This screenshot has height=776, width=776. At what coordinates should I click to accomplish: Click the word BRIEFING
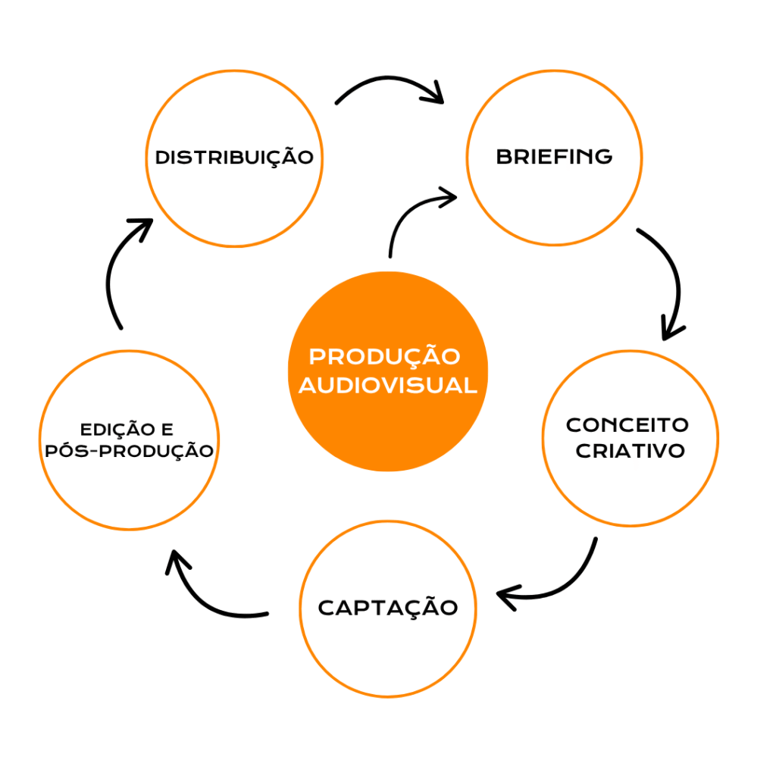554,157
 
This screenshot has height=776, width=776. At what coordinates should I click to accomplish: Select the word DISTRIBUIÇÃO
234,158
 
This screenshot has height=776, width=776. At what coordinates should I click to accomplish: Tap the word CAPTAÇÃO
388,607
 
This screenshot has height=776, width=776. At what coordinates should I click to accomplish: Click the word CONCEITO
627,424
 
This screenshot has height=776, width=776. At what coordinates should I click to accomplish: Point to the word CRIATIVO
630,451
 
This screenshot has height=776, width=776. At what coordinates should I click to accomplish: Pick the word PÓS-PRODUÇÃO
129,450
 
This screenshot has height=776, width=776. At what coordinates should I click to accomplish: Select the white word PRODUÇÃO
385,356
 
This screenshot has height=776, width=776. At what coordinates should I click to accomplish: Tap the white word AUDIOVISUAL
388,385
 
